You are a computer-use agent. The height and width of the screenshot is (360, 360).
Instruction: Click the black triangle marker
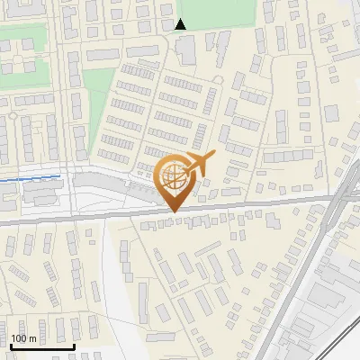point(181,24)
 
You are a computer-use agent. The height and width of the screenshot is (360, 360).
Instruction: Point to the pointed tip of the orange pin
point(173,211)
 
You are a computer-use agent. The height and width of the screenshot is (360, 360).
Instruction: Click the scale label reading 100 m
point(23,338)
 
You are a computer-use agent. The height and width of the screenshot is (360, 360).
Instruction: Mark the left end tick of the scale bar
point(11,346)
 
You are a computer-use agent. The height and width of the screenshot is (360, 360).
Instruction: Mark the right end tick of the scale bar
point(74,346)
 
